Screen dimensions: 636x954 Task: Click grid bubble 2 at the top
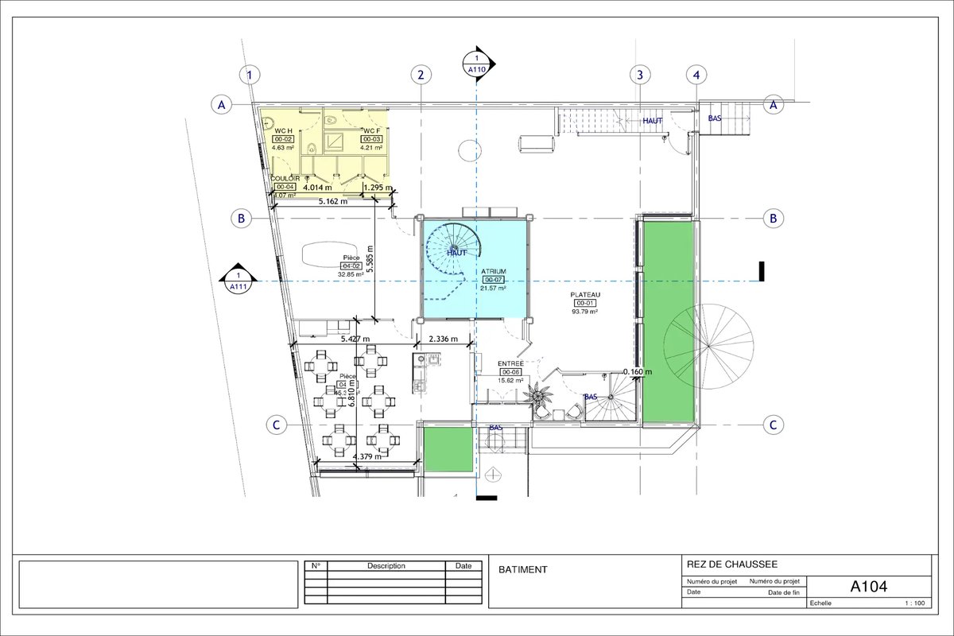(x=421, y=75)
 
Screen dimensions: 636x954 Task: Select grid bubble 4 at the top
(x=696, y=75)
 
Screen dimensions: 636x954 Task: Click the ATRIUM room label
(x=493, y=271)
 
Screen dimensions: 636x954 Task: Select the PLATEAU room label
(x=585, y=294)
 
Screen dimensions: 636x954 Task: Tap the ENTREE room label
(x=510, y=363)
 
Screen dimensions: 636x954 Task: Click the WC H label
(x=284, y=130)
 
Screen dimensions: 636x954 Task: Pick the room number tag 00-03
(x=372, y=138)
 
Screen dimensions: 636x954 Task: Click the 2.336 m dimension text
(x=444, y=339)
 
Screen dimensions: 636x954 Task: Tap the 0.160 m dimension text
(x=638, y=371)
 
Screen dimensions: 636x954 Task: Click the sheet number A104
(x=868, y=587)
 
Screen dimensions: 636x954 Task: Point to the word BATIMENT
(x=523, y=570)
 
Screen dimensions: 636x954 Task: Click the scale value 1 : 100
(x=914, y=603)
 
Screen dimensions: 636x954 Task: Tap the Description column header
(x=386, y=566)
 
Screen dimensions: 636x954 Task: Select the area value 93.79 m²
(x=585, y=312)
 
